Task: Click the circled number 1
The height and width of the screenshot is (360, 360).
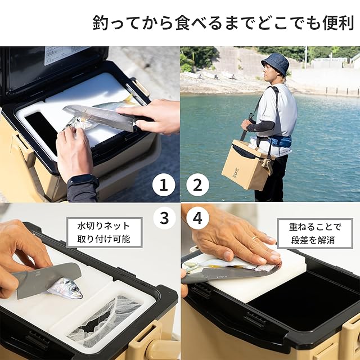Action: tap(164, 185)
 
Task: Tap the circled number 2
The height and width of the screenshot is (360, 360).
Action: tap(197, 185)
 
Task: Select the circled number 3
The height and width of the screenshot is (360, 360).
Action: tap(164, 218)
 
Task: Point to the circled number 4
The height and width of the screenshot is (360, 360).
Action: tap(197, 218)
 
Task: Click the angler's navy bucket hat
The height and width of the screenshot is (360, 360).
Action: tap(275, 63)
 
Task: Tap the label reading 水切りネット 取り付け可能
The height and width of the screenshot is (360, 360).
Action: tap(105, 232)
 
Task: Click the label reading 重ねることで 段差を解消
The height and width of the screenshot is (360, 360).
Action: tap(315, 233)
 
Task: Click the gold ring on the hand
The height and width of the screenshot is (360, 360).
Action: tap(254, 238)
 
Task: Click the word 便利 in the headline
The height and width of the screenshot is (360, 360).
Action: tap(338, 22)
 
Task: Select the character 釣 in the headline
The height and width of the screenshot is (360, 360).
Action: tap(100, 22)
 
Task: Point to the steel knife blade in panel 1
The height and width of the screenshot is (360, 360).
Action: tap(99, 116)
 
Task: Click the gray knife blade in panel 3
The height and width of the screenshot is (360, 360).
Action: tap(46, 280)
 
